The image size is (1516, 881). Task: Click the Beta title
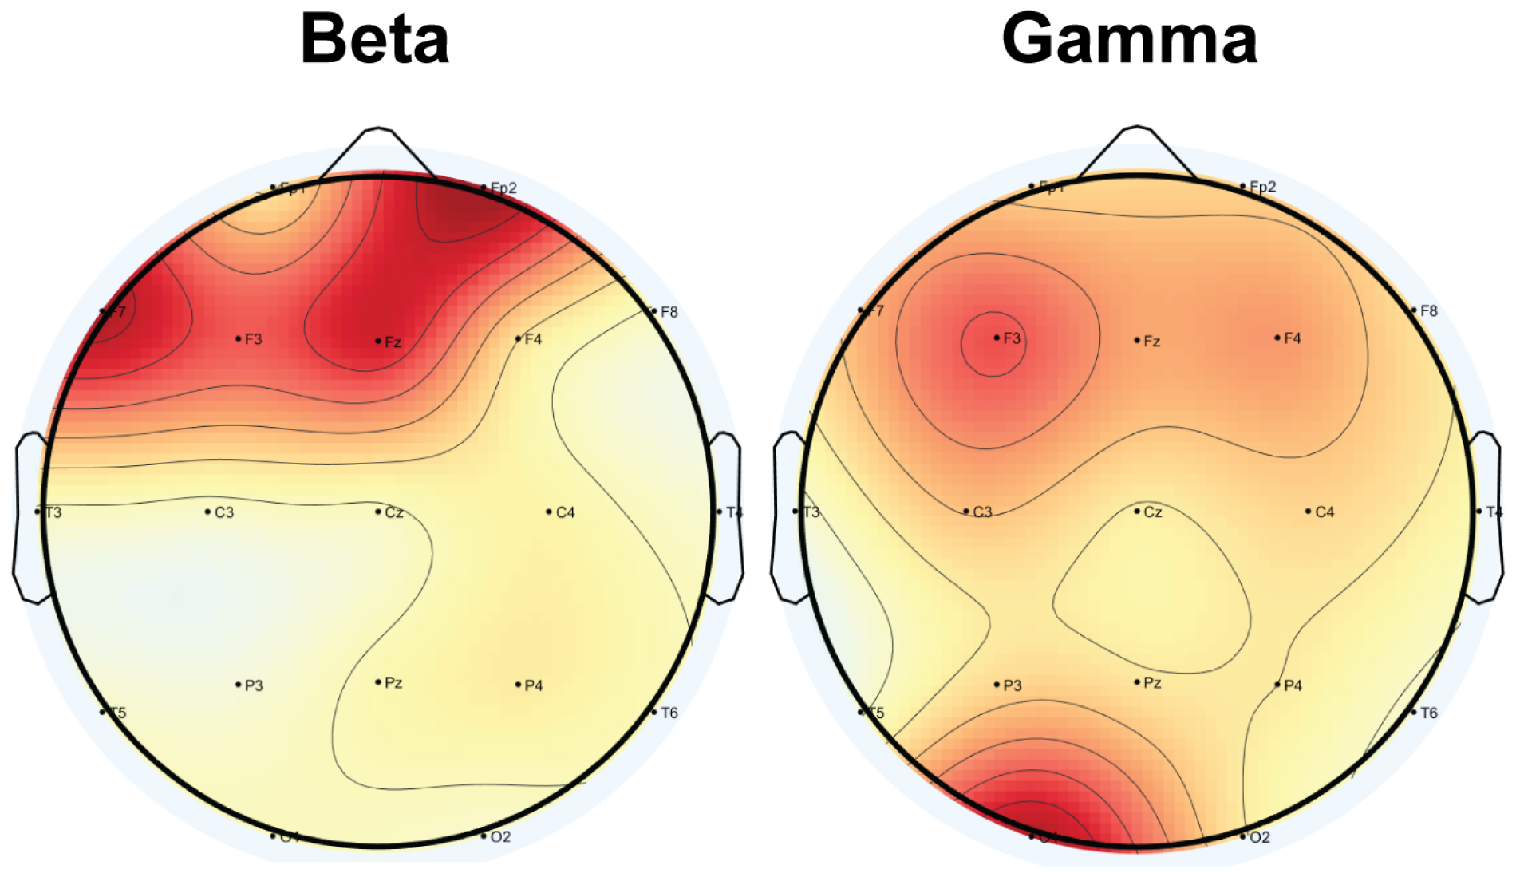[x=374, y=39]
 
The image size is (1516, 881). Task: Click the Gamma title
[x=1129, y=39]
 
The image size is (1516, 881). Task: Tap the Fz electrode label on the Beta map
[x=392, y=342]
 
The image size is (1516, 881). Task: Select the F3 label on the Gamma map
[x=1011, y=338]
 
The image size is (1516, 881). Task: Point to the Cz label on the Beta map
[x=393, y=512]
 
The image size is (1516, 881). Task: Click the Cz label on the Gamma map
[x=1152, y=512]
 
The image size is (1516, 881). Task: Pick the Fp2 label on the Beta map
[x=503, y=188]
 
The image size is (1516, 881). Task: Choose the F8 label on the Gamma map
[x=1428, y=311]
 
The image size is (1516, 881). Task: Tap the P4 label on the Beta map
[x=533, y=685]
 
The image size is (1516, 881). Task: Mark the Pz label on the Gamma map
[x=1151, y=683]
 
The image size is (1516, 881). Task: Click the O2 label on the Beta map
[x=499, y=837]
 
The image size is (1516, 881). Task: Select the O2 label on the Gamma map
[x=1258, y=837]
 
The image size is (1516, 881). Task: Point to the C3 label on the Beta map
[x=223, y=512]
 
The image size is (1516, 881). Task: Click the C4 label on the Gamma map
[x=1324, y=512]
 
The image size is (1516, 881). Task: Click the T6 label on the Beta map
[x=669, y=713]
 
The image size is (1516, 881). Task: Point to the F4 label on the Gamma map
[x=1292, y=338]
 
